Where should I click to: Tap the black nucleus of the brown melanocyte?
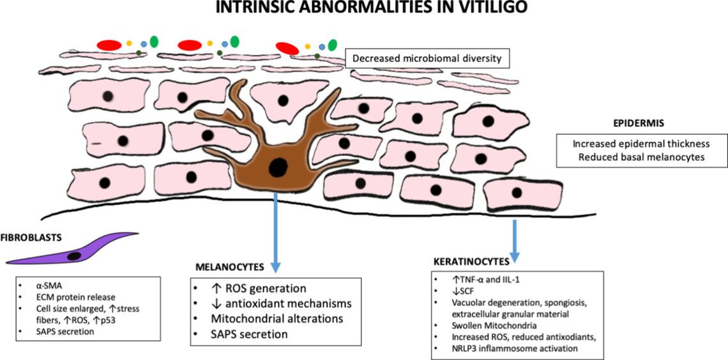(277, 167)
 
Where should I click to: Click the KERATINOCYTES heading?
(471, 261)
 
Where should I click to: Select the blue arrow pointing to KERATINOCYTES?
(515, 239)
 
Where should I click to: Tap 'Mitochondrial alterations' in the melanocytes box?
(278, 319)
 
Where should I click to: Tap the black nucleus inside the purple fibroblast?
(74, 255)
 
